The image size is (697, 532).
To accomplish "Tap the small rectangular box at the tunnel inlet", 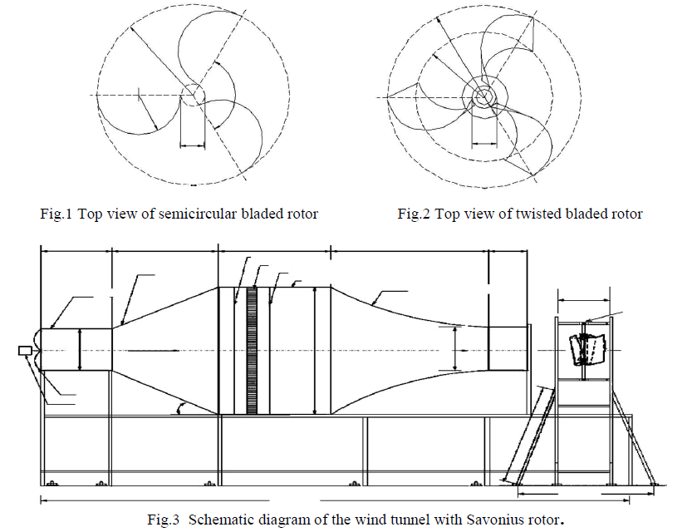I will coord(24,350).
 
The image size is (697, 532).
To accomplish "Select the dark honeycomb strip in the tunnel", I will coord(253,350).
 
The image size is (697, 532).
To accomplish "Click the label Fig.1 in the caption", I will coord(56,214).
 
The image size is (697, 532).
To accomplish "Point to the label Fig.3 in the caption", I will coord(164,520).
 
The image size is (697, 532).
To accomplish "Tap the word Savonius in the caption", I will coord(479,520).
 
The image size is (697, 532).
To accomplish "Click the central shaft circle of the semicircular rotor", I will coord(192,94).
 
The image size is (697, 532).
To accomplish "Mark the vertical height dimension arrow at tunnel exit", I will coord(454,349).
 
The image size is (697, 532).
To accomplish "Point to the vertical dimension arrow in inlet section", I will coord(80,349).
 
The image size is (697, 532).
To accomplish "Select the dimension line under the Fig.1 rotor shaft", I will coord(192,145).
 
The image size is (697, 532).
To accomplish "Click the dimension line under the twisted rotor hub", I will coord(483,142).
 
